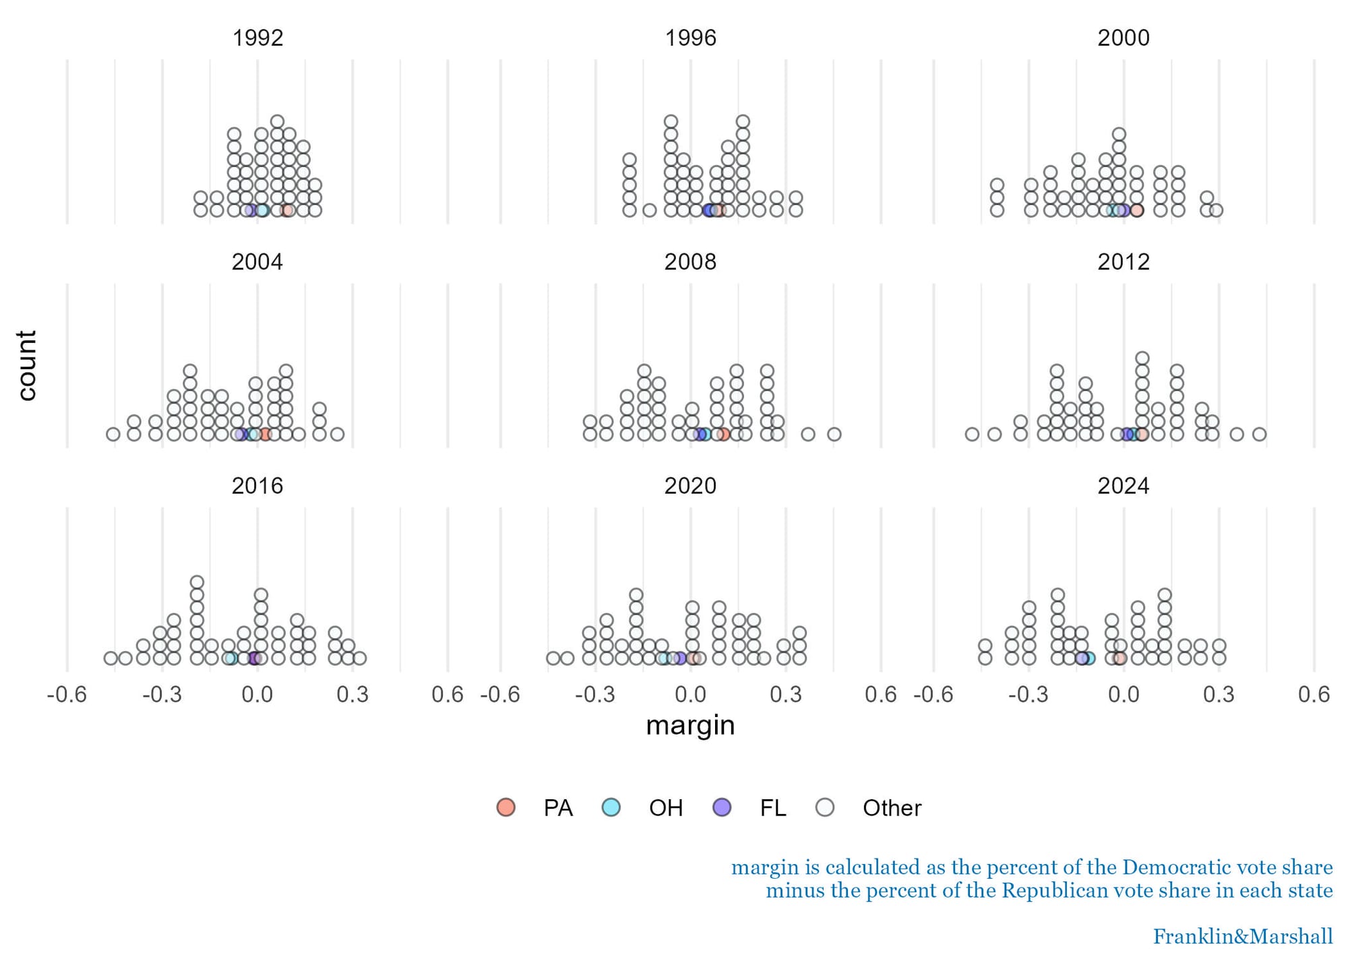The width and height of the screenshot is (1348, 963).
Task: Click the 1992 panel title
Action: click(x=257, y=38)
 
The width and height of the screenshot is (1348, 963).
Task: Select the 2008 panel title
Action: click(x=690, y=262)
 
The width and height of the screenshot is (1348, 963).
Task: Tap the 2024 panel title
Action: click(x=1123, y=486)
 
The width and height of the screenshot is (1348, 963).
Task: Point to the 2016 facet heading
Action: click(x=257, y=486)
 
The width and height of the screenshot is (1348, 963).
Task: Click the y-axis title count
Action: click(x=26, y=366)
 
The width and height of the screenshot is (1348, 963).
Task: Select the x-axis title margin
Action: click(x=690, y=726)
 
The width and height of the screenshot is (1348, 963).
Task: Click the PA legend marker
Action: click(x=506, y=807)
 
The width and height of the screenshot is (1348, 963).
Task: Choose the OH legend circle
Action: click(x=611, y=807)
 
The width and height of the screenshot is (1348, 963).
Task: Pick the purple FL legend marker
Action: click(x=722, y=807)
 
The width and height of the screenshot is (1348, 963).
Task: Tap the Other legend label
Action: click(x=891, y=808)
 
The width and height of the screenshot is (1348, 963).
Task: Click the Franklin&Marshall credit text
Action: click(x=1242, y=937)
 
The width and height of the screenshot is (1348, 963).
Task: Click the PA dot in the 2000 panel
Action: click(x=1136, y=210)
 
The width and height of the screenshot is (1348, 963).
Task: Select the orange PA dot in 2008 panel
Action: click(x=723, y=434)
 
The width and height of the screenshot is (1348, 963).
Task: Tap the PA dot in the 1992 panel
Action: click(x=287, y=210)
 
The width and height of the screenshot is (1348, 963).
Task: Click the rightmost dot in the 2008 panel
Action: click(x=834, y=434)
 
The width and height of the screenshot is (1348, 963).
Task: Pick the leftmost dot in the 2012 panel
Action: click(x=971, y=434)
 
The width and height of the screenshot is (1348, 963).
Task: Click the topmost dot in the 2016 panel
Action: click(x=197, y=582)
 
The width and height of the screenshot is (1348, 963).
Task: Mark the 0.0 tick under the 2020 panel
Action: click(x=690, y=694)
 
